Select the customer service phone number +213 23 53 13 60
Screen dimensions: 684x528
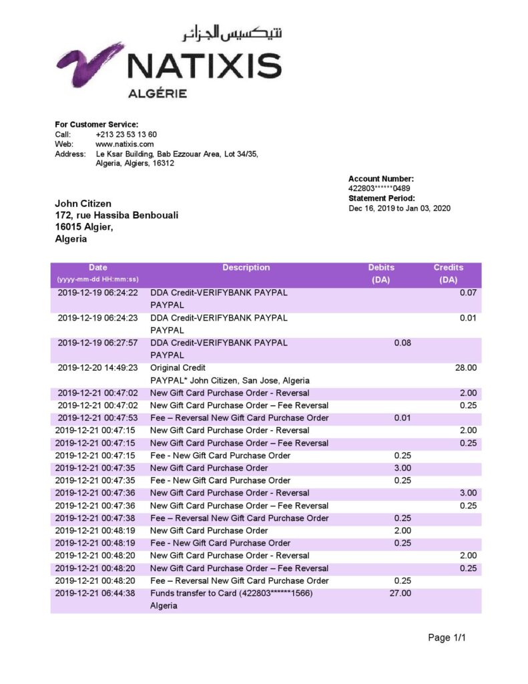(126, 134)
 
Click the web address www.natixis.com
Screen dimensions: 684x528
(125, 144)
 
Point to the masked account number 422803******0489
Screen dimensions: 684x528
(379, 188)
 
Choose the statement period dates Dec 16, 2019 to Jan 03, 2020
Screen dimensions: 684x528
(399, 208)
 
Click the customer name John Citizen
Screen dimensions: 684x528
(83, 203)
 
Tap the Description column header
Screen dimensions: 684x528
(246, 267)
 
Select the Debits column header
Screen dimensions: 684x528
(381, 267)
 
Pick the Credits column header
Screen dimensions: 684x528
(448, 267)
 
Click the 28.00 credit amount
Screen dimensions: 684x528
(466, 367)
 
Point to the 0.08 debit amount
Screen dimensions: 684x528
(402, 343)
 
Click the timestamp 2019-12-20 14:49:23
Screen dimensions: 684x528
(97, 367)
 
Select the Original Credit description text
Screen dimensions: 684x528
(178, 367)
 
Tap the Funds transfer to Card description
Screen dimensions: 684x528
(231, 593)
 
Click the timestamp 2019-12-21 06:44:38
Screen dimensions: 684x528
(96, 593)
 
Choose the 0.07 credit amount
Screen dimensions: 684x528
(469, 293)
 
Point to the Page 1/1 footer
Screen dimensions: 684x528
(447, 638)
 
